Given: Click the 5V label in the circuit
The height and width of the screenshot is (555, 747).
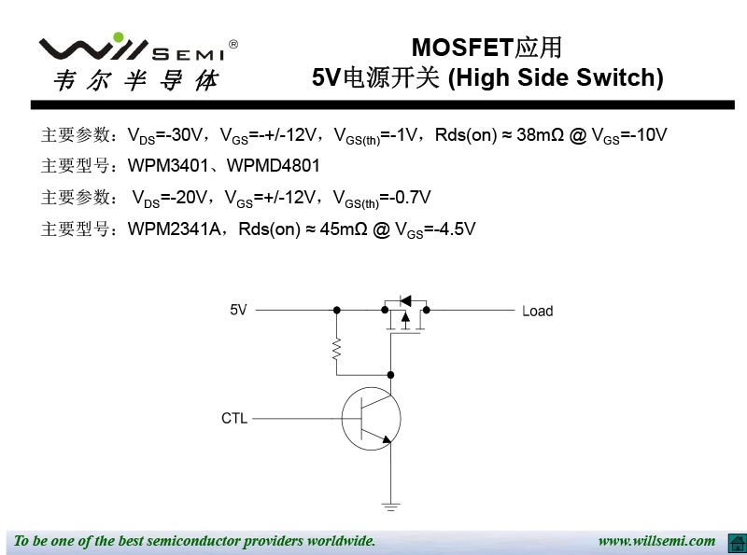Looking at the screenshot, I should (239, 310).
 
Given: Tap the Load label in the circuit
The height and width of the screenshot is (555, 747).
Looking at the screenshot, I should (537, 311).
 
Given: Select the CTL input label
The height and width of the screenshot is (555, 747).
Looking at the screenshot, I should (234, 419).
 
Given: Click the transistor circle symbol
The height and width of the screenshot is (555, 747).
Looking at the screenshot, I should (371, 419).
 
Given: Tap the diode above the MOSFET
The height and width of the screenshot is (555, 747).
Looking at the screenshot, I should (404, 300).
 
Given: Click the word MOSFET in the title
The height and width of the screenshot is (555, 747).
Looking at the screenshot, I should (463, 48).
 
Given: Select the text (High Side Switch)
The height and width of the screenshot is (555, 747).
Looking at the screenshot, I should (556, 78).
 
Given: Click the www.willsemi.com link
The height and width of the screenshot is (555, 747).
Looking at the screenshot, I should (656, 541).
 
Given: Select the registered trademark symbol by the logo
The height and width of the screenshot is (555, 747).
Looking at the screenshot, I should (233, 44).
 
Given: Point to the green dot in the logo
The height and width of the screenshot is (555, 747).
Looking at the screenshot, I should (118, 37).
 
